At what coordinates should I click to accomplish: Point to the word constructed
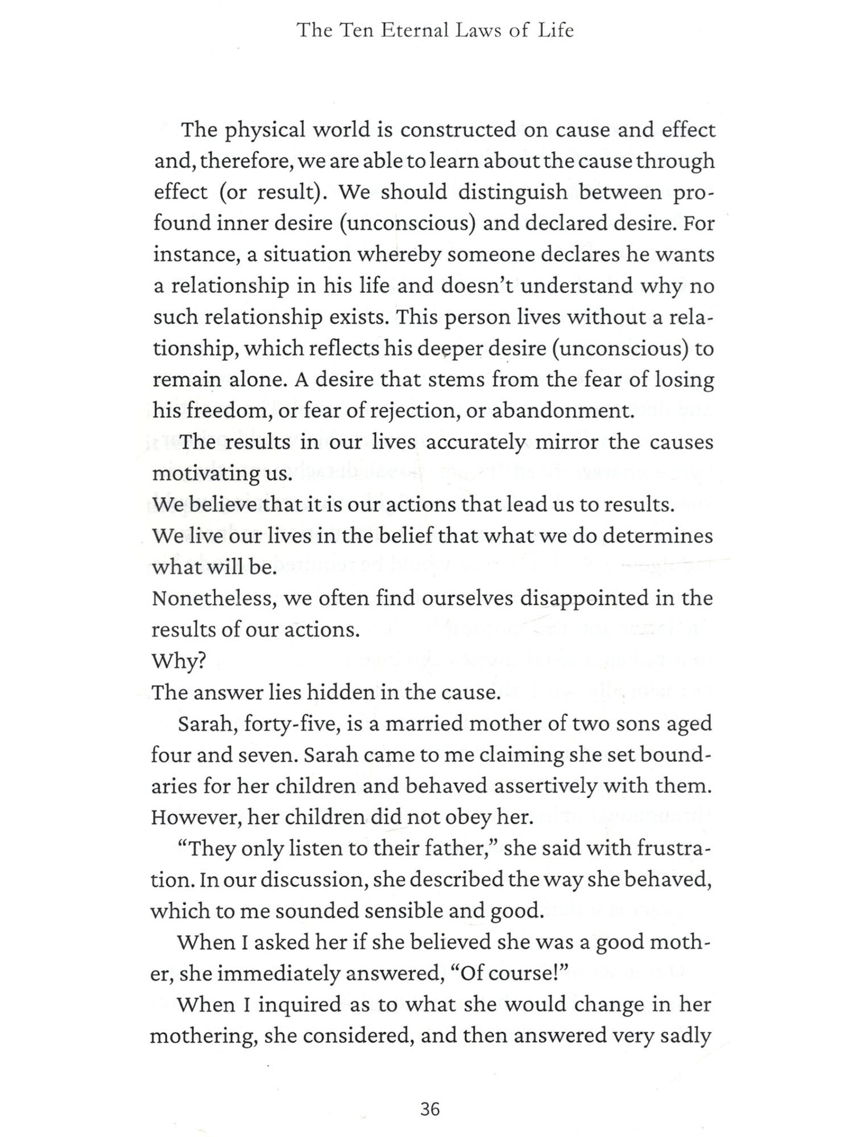[458, 130]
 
